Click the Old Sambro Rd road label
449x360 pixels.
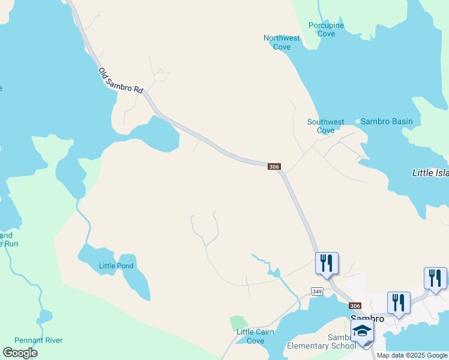point(121,80)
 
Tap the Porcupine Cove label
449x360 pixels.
point(326,29)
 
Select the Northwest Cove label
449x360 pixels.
point(282,43)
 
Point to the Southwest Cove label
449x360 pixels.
point(325,126)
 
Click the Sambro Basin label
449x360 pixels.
point(387,122)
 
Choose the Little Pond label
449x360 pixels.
point(116,266)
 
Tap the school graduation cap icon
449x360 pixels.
point(362,331)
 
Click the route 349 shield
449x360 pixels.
point(317,292)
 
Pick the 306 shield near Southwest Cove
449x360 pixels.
point(274,167)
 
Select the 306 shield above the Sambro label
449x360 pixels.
point(355,305)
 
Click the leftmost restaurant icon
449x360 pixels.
point(327,263)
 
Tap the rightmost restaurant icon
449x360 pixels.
point(435,278)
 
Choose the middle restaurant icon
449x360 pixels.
point(399,303)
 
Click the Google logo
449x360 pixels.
point(20,353)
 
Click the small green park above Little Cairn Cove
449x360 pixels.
point(238,323)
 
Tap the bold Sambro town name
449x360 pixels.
point(367,319)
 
